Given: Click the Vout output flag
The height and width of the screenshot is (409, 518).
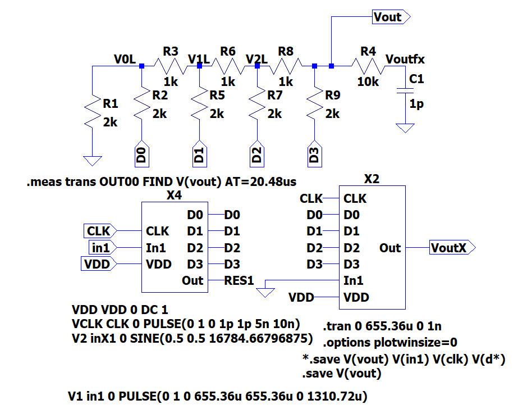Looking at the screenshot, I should click(x=391, y=17).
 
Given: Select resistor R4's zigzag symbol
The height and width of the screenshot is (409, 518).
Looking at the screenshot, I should click(x=368, y=67).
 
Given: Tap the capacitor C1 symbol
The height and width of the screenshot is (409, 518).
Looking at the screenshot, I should click(x=402, y=91).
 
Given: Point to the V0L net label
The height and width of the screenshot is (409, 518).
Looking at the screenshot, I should click(x=125, y=59).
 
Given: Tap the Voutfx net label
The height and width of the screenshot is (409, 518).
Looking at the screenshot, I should click(x=405, y=59).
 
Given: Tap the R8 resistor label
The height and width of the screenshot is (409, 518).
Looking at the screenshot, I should click(x=286, y=51).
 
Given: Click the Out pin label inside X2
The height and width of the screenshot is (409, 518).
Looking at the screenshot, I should click(x=390, y=247).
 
